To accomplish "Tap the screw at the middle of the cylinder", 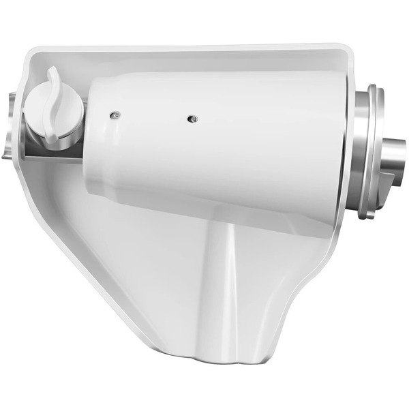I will [x=193, y=119].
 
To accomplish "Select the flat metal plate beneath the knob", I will [x=51, y=154].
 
